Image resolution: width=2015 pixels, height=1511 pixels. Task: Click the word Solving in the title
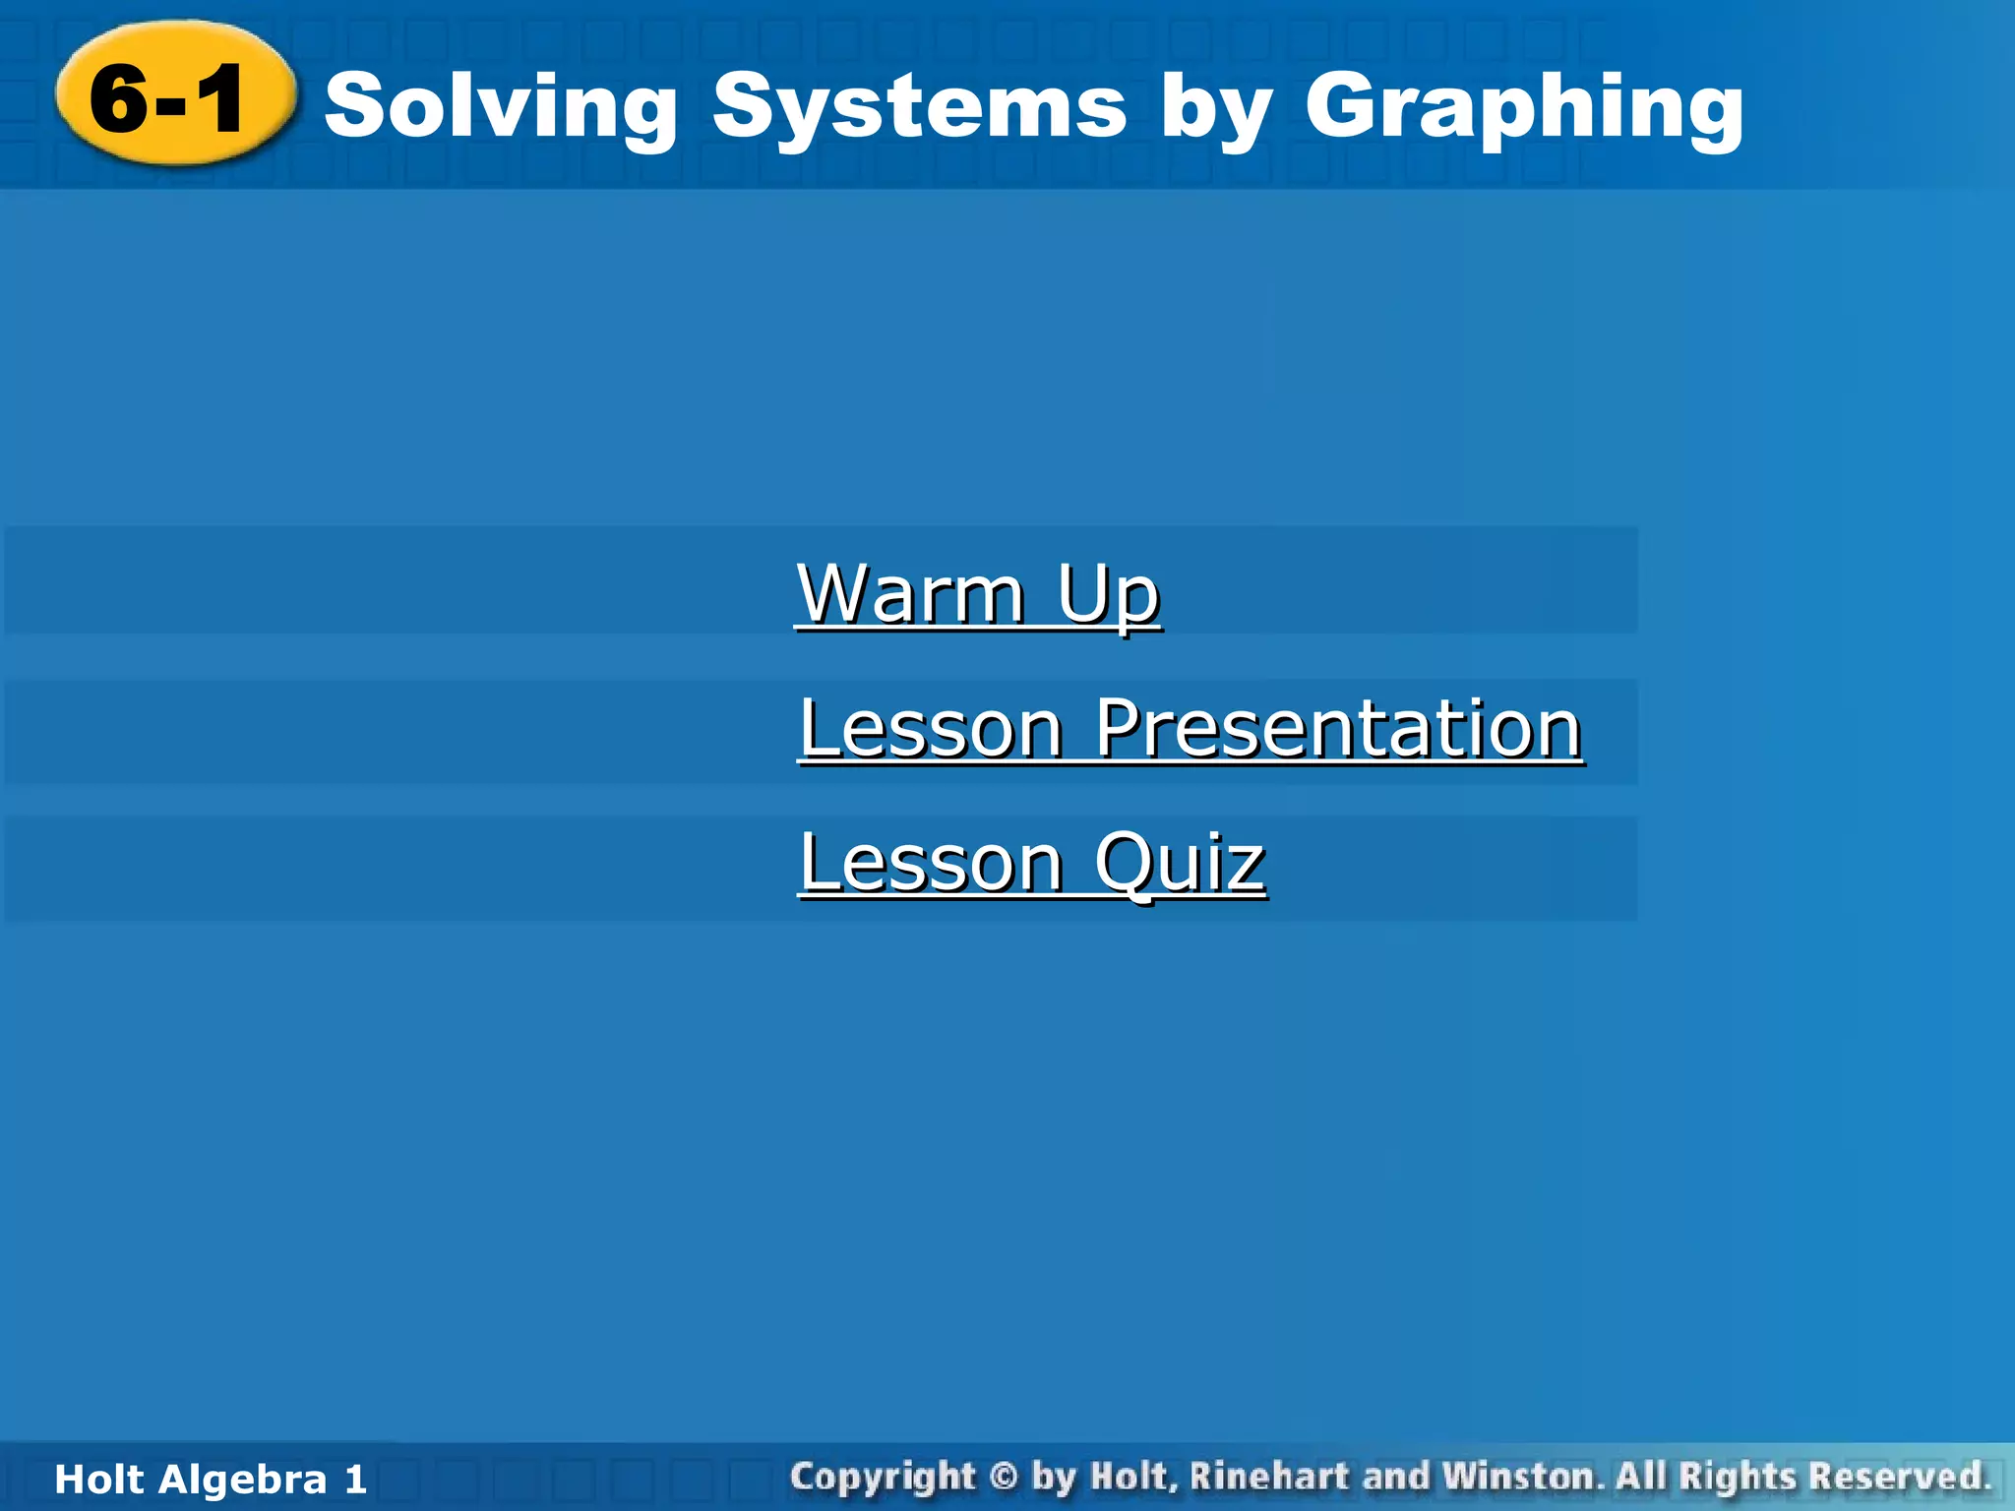click(501, 107)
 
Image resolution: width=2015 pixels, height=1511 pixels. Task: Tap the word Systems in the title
click(919, 107)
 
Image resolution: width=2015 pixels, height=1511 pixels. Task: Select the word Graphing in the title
click(1524, 107)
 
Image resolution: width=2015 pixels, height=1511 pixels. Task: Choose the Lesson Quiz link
click(1031, 862)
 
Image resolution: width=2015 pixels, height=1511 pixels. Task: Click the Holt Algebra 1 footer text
click(211, 1480)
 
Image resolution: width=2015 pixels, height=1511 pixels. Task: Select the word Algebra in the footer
click(241, 1480)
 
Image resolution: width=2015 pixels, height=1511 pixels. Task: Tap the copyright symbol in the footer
click(1003, 1477)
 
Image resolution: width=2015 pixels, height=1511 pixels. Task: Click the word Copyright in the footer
click(883, 1477)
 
